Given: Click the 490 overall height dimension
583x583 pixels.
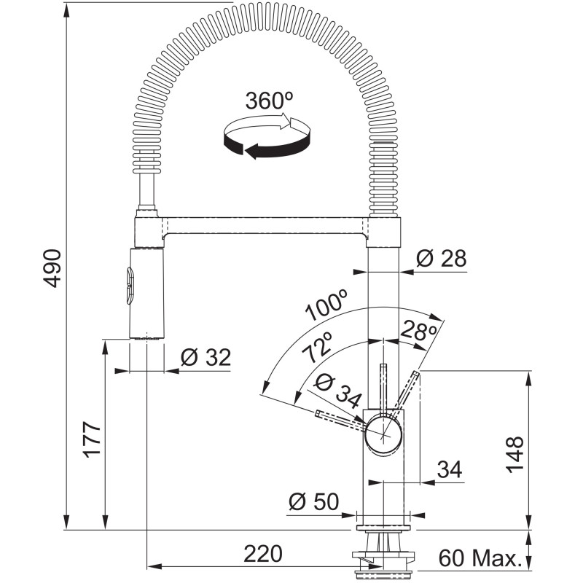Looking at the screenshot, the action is click(x=52, y=268).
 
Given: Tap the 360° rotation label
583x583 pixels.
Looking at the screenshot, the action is click(x=269, y=101).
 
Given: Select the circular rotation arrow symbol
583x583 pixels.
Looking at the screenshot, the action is click(x=267, y=136).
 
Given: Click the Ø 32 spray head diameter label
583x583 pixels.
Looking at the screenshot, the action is click(x=206, y=357).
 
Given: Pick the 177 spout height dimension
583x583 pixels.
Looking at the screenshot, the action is click(x=92, y=439).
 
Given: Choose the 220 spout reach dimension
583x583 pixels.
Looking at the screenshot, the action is click(x=263, y=554).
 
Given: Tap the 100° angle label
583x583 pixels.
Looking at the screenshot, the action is click(x=327, y=305).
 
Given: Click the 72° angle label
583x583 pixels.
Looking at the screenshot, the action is click(x=317, y=347).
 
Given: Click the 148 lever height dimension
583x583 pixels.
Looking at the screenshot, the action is click(x=514, y=454).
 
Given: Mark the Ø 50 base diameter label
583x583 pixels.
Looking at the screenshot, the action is click(x=314, y=501).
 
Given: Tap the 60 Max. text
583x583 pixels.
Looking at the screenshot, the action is click(x=480, y=557).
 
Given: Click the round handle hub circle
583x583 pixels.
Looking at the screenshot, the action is click(x=383, y=434).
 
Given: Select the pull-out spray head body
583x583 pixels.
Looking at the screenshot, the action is click(x=146, y=294).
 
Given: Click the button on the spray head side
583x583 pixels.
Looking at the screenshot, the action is click(x=130, y=286).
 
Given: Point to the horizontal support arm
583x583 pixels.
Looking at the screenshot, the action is click(x=265, y=227).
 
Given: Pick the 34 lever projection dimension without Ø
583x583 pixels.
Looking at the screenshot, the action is click(x=450, y=469).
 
